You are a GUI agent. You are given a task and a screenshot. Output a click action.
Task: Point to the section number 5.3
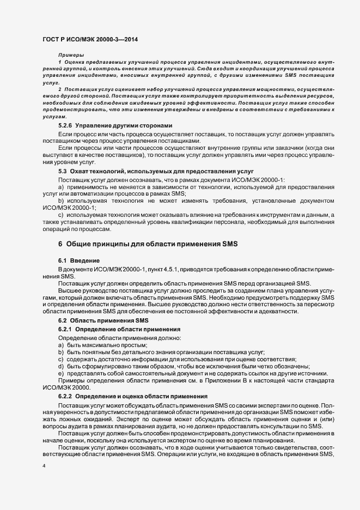[62, 171]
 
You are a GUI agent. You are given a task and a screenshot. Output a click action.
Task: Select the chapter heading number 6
[60, 243]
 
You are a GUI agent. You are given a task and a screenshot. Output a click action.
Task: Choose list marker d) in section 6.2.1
[62, 366]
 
